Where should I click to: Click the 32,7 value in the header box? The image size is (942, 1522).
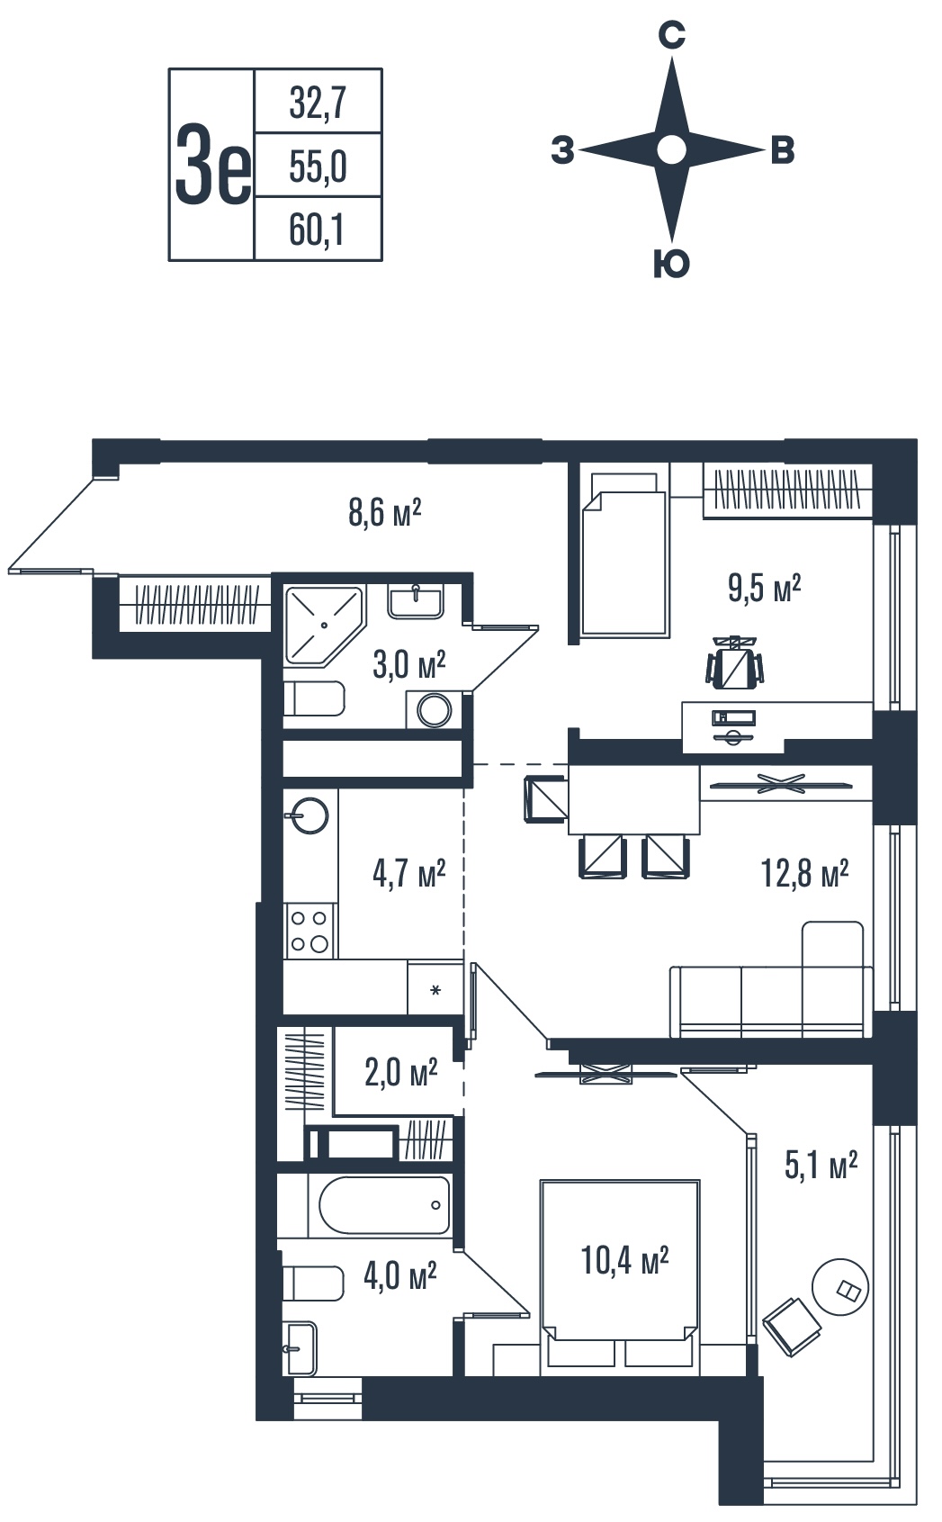[x=318, y=104]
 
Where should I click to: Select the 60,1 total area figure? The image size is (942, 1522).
[x=317, y=230]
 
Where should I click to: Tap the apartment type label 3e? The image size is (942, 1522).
[x=212, y=165]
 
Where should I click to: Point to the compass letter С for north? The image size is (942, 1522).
[x=672, y=35]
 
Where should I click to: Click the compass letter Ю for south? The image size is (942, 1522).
[x=672, y=263]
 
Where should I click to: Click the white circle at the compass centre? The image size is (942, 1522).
[x=672, y=150]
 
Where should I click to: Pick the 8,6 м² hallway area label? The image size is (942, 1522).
[x=384, y=512]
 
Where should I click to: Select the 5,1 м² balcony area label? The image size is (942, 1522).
[x=821, y=1166]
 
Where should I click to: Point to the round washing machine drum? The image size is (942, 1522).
[x=434, y=711]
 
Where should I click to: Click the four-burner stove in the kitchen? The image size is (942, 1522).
[x=310, y=931]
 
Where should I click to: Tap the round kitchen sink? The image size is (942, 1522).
[x=310, y=815]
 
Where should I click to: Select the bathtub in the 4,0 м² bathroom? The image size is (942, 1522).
[x=384, y=1205]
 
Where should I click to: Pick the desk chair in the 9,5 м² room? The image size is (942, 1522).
[x=734, y=662]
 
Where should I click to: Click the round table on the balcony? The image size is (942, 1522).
[x=840, y=1288]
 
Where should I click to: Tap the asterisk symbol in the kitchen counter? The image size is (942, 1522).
[x=435, y=991]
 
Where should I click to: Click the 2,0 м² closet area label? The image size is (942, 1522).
[x=400, y=1074]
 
